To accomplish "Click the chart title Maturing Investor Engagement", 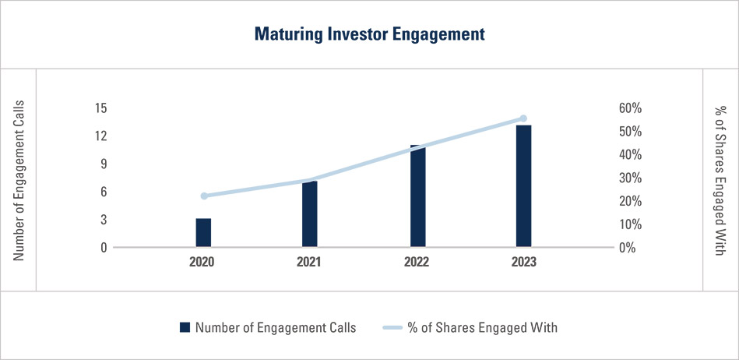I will tap(369, 34).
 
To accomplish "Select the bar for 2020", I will tap(203, 232).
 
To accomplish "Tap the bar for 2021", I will tap(310, 214).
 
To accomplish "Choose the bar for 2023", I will tap(523, 186).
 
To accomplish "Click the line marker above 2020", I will tap(204, 196).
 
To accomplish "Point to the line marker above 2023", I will tap(523, 118).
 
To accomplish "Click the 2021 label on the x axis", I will tap(310, 263).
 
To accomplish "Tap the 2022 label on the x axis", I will tap(417, 263).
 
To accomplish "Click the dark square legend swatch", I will tap(185, 327).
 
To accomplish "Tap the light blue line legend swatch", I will tap(390, 327).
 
